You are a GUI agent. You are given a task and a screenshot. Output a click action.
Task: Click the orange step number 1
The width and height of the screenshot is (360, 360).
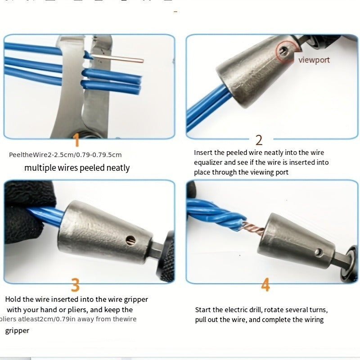tap(76, 139)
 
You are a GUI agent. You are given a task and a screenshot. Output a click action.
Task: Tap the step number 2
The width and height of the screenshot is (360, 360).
tap(259, 139)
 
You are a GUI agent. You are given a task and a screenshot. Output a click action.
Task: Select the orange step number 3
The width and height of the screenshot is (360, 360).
tap(75, 285)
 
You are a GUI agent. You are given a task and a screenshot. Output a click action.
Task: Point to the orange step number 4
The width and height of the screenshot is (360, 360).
tap(265, 285)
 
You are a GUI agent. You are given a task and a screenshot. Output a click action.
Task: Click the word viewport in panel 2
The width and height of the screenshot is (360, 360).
tap(314, 60)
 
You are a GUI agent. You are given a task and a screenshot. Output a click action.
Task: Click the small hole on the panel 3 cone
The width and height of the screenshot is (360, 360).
tap(131, 238)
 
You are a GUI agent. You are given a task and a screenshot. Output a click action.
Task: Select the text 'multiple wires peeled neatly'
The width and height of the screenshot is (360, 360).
tap(77, 168)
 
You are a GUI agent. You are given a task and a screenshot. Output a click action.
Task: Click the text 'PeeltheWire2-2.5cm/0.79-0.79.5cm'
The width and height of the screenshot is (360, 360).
tap(65, 155)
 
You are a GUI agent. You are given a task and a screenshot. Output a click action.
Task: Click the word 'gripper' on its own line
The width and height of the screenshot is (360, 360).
tap(17, 331)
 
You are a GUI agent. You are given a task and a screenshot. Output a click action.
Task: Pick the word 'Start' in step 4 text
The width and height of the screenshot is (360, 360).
tap(203, 310)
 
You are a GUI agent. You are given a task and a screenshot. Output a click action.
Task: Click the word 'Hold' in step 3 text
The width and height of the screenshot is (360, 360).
tap(13, 299)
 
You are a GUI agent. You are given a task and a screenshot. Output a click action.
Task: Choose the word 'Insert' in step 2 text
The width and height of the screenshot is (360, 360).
tap(203, 153)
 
